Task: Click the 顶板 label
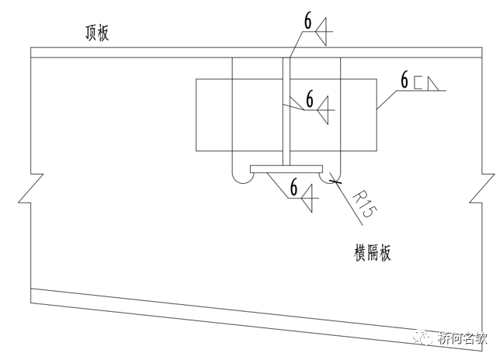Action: (x=98, y=33)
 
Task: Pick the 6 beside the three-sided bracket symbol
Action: (x=404, y=80)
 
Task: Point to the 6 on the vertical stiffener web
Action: (x=309, y=99)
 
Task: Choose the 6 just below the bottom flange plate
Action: (x=293, y=186)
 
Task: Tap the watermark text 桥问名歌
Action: (x=463, y=339)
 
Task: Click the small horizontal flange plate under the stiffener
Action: (x=286, y=168)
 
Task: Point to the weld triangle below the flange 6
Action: (x=308, y=200)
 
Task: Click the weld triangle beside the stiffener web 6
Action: (x=326, y=110)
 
